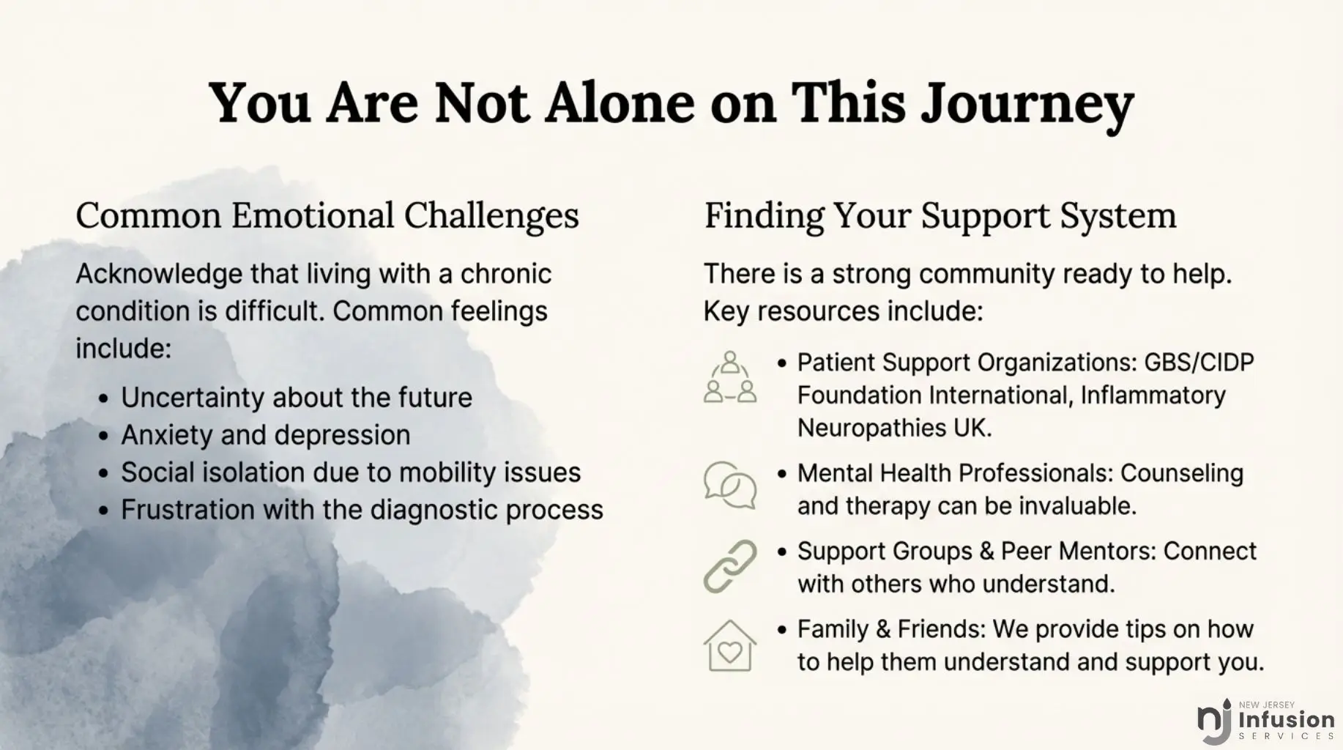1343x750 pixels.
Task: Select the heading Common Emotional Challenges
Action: [327, 217]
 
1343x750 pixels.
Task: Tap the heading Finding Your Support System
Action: [940, 217]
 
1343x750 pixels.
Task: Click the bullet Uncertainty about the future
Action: [297, 398]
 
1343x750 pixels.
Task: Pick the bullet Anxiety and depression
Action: [266, 435]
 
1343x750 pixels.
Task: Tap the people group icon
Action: [730, 377]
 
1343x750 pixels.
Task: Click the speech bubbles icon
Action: [730, 485]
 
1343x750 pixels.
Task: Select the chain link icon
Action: [730, 566]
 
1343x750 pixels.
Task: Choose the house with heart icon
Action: [730, 646]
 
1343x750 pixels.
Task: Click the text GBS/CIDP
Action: [1199, 363]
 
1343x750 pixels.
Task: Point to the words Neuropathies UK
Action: [894, 428]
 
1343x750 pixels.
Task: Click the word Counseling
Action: [1182, 474]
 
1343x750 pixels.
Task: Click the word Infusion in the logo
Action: [1287, 721]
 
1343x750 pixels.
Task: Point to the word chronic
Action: [505, 274]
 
